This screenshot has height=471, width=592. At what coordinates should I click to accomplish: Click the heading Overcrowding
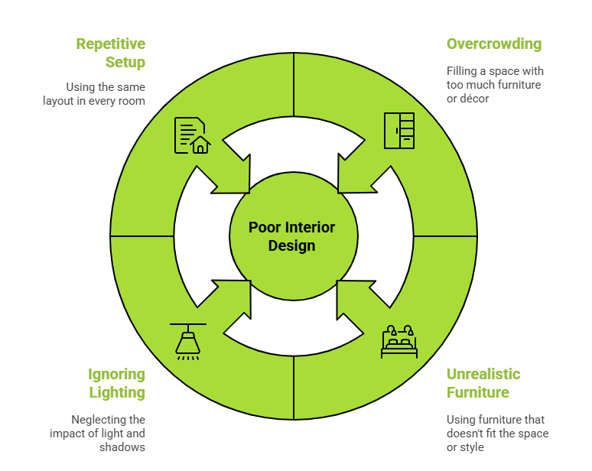point(493,44)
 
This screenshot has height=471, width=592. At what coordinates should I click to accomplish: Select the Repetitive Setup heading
point(111,53)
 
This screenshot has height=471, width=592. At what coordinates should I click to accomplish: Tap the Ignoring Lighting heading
point(116,383)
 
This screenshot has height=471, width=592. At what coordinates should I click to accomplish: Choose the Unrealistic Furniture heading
point(483,383)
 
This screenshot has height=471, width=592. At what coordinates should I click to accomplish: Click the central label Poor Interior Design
point(292,236)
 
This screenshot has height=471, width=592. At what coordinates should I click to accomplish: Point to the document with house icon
point(191,135)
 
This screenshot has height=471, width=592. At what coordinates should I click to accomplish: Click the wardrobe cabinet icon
point(398,131)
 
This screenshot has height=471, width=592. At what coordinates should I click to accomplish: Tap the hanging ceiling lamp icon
point(187,341)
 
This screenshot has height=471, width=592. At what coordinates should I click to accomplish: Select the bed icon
point(399,342)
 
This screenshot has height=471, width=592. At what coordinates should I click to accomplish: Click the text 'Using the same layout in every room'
point(94,94)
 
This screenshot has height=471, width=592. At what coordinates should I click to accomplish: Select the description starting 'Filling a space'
point(495,84)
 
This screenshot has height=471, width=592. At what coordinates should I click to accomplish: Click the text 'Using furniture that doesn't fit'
point(497,433)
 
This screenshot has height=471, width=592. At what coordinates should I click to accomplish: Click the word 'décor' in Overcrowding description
point(475,99)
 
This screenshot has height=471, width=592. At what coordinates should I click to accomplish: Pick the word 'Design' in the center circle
point(291,245)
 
